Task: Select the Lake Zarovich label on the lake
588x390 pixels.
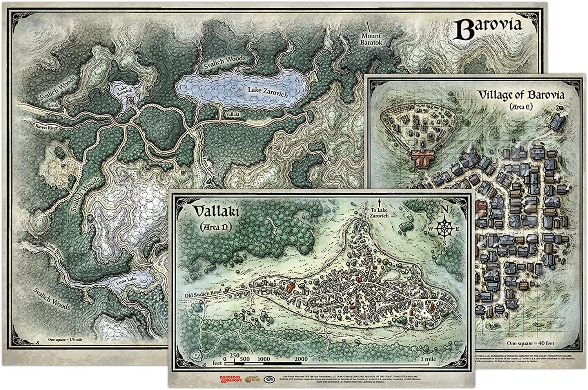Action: click(x=268, y=93)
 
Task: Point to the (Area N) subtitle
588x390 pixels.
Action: click(x=215, y=227)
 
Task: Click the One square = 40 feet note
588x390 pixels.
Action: click(x=530, y=343)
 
